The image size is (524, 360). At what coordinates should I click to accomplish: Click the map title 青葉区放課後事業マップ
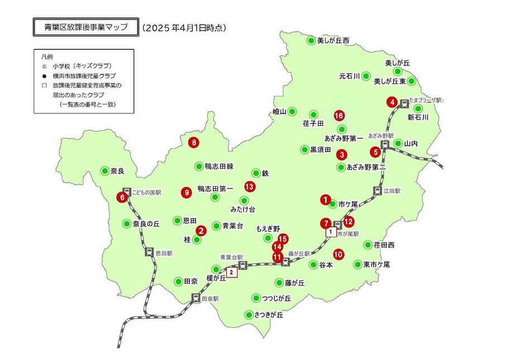85,27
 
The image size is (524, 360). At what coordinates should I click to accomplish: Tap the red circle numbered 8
194,142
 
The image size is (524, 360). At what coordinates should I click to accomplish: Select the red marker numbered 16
339,116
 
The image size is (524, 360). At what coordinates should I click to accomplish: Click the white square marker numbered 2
233,273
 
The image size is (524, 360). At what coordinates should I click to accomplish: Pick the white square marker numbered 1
331,231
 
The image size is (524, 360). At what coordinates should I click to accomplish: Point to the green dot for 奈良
104,170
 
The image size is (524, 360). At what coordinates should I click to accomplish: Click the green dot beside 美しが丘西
311,40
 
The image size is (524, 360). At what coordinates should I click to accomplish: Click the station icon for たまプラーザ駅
404,103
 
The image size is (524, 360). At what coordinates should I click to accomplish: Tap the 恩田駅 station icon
149,252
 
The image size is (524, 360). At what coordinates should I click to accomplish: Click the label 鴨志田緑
219,167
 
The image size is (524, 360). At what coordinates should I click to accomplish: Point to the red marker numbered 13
250,187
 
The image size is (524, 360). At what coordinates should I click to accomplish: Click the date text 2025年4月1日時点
184,27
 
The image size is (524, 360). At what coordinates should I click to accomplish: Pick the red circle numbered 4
393,102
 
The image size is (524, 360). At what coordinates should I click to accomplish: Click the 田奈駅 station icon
196,299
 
